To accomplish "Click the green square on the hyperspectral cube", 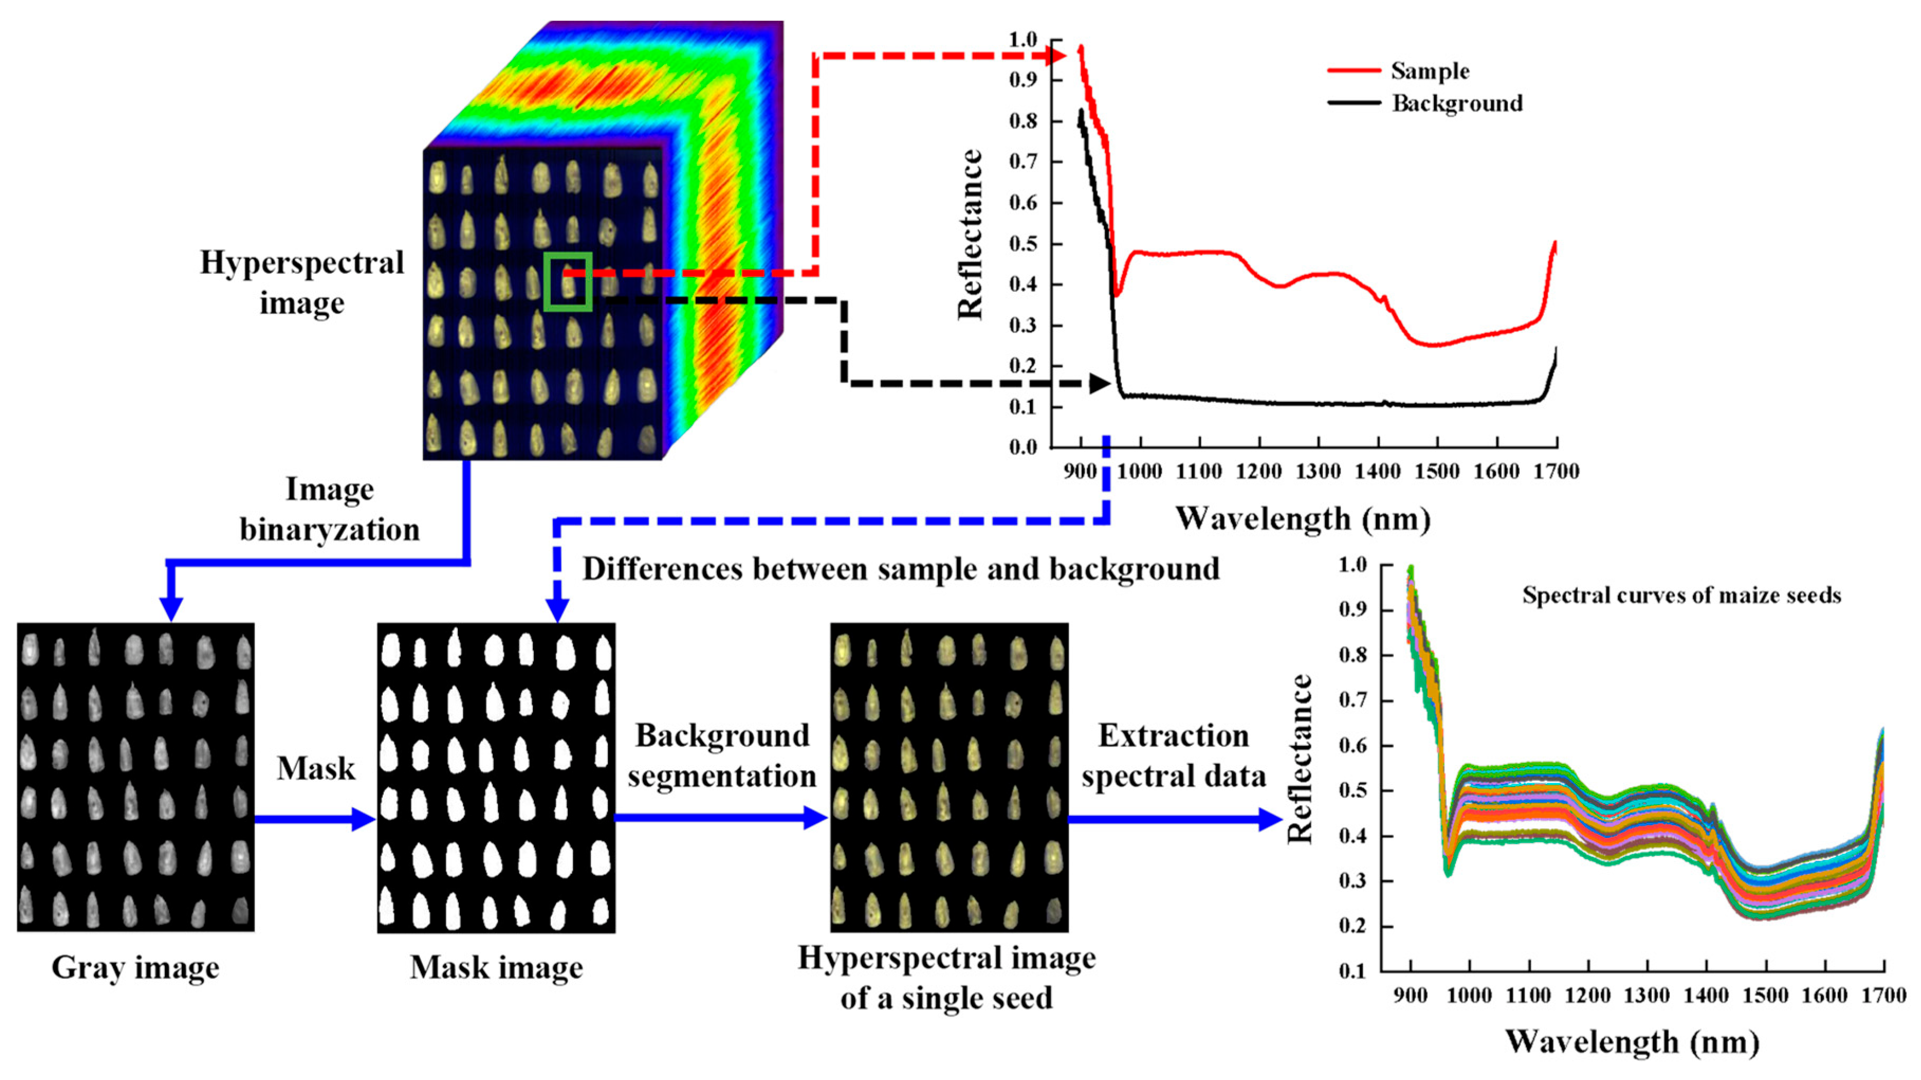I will [568, 281].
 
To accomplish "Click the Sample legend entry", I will [1429, 71].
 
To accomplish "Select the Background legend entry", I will [1456, 103].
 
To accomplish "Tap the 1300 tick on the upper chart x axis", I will [1318, 472].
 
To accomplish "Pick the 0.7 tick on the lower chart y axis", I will [1353, 700].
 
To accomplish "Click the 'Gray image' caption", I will [135, 967].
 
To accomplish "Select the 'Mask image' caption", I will [496, 967].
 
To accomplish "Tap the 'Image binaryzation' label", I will [330, 510].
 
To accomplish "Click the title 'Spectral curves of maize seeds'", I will [1681, 595].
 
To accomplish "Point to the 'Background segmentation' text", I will [721, 755].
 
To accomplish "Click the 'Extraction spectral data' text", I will [1174, 755].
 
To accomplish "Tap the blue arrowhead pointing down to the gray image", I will [171, 608].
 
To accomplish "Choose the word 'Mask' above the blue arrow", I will [316, 768].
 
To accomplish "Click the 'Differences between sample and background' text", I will [901, 569].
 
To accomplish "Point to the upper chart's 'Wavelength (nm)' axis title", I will [1303, 519].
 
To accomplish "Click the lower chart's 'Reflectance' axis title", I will [1300, 759].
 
